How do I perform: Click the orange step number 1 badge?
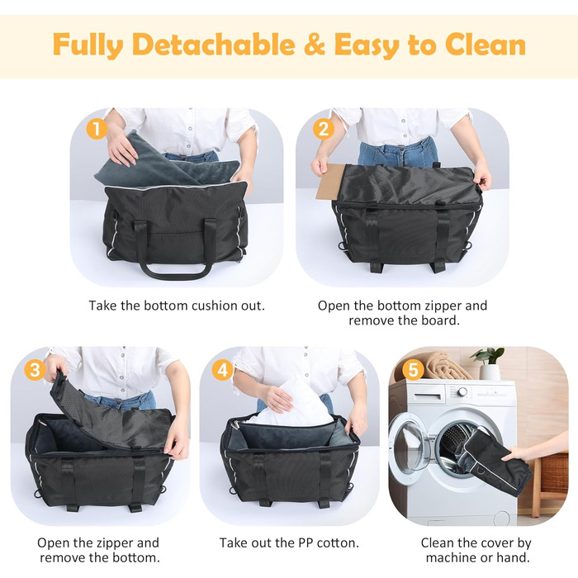tap(97, 129)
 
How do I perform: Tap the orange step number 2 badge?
tap(324, 129)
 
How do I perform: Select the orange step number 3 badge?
tap(35, 370)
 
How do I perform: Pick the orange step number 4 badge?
tap(223, 370)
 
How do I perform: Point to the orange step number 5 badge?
tap(413, 370)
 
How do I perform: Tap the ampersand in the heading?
tap(315, 45)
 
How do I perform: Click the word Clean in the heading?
tap(486, 45)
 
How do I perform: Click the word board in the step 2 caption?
tap(439, 320)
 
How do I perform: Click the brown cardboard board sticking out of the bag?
tap(329, 182)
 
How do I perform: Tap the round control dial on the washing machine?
tap(462, 392)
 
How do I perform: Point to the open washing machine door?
tap(410, 446)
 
